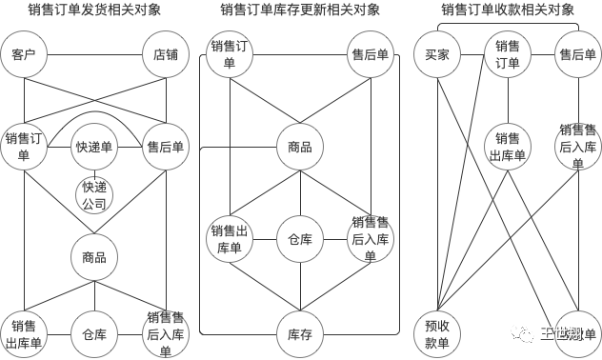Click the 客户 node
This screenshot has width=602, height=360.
(24, 55)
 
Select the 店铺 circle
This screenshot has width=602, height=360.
(166, 55)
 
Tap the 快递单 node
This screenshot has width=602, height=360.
(94, 148)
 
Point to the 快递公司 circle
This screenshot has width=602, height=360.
(94, 194)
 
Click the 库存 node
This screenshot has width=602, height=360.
(300, 333)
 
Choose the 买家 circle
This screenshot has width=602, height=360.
(437, 55)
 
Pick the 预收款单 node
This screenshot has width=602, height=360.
(437, 333)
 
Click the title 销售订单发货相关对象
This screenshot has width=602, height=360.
(94, 10)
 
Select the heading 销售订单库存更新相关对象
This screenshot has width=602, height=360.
(300, 10)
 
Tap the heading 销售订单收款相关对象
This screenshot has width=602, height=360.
(508, 10)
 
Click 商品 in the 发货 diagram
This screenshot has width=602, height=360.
(94, 257)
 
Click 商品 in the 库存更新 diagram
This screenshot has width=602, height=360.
(300, 148)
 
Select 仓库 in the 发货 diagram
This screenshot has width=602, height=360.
(94, 333)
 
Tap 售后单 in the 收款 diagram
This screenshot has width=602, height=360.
(578, 55)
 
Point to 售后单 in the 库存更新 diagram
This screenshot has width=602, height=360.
(371, 55)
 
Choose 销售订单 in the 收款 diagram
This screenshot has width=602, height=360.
(508, 55)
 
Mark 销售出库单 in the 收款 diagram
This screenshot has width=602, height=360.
(508, 148)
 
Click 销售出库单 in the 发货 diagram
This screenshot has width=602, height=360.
(24, 333)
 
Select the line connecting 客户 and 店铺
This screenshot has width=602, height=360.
(94, 55)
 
